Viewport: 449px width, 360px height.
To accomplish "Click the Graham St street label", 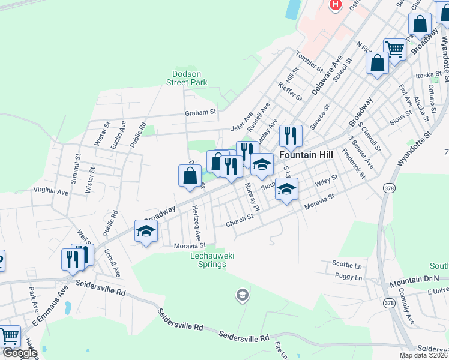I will (x=200, y=112).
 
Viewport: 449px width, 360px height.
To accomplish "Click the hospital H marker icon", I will (x=335, y=5).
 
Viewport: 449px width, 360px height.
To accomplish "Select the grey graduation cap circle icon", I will (x=242, y=295).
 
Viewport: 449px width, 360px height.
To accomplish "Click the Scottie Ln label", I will (x=348, y=264).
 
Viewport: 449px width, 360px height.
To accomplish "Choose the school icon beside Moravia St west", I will (x=146, y=231).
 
